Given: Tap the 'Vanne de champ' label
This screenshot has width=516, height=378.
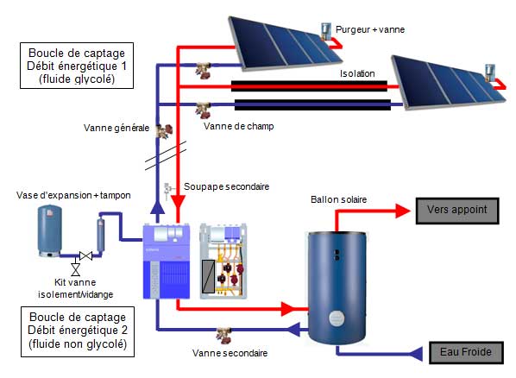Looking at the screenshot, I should (x=238, y=126).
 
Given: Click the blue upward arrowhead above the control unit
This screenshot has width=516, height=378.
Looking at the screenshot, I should (x=156, y=207).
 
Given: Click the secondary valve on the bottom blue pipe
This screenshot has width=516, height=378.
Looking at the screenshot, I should (x=226, y=332).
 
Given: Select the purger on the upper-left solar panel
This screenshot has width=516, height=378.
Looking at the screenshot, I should (x=325, y=30).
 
